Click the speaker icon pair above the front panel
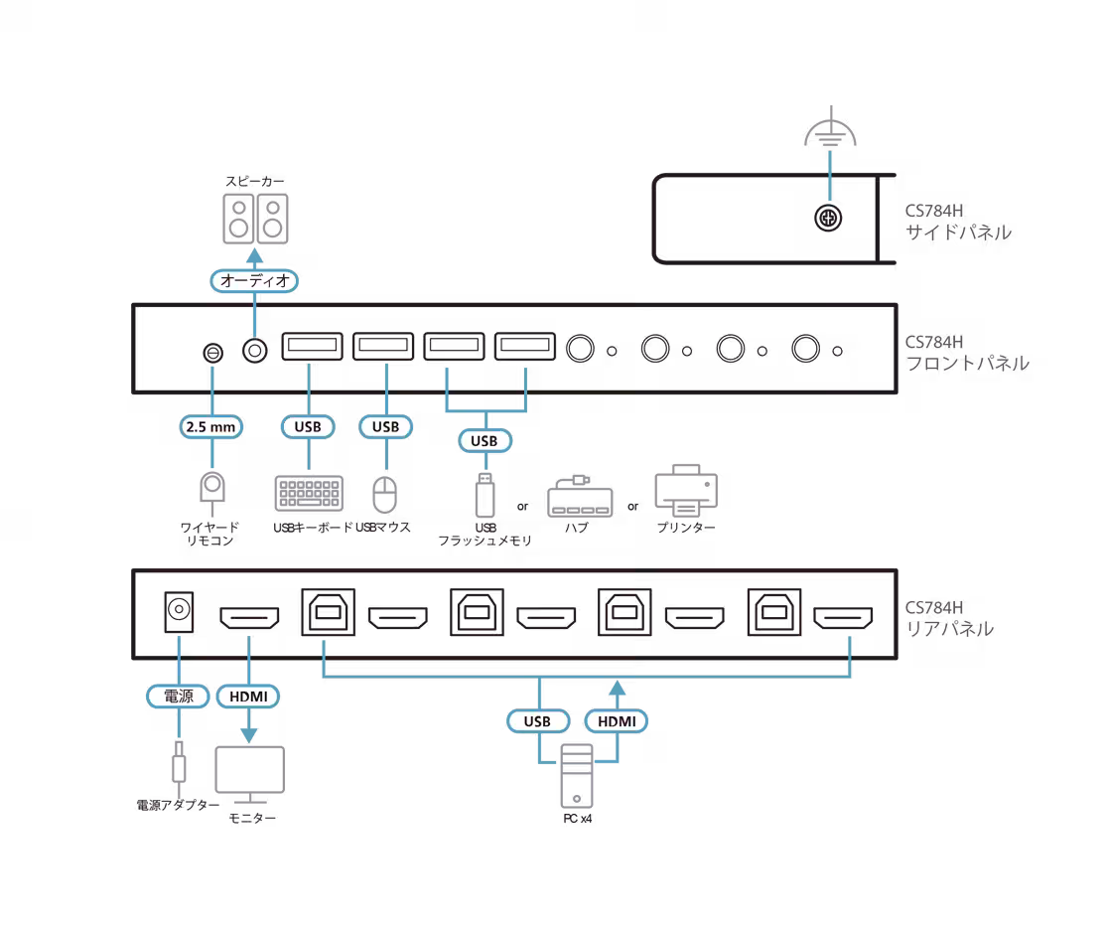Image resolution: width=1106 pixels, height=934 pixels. click(x=255, y=219)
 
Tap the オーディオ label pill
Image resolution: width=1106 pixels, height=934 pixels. click(x=255, y=281)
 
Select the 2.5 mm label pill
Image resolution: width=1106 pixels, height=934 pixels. click(x=210, y=427)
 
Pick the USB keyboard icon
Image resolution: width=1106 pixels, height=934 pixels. click(x=309, y=494)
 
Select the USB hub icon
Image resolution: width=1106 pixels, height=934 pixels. click(x=576, y=497)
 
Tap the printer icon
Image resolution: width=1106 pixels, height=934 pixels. click(x=685, y=489)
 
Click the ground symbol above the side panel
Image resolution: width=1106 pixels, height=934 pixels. click(x=828, y=135)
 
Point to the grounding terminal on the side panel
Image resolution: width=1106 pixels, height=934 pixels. click(x=828, y=218)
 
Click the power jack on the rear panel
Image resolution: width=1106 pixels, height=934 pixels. click(x=180, y=613)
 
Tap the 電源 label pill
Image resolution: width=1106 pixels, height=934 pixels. click(x=179, y=697)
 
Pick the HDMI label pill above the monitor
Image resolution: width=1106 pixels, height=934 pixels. click(x=248, y=697)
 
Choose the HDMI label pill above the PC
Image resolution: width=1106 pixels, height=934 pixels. click(x=617, y=720)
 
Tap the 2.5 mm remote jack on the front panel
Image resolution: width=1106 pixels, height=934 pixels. click(x=210, y=352)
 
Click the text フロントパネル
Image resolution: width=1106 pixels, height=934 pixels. click(x=966, y=364)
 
